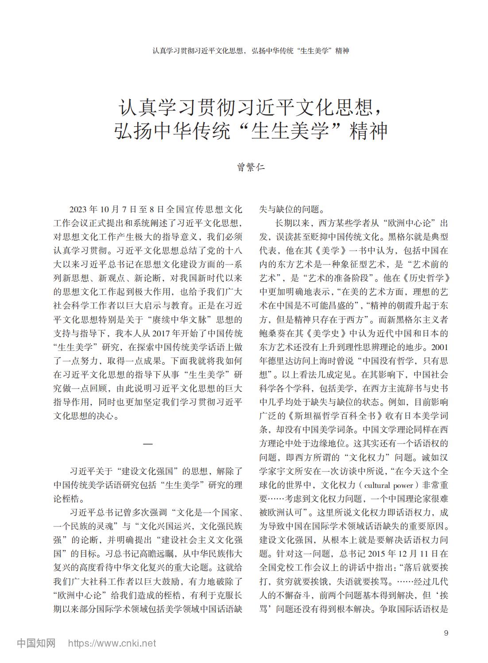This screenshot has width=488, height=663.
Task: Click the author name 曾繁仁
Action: point(251,168)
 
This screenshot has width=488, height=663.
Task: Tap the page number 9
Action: point(446,633)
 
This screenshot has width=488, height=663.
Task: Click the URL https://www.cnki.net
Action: point(111,643)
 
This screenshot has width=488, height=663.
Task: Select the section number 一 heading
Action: point(148,444)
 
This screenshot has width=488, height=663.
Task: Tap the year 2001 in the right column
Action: point(439,347)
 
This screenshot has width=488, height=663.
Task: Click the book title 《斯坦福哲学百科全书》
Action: point(332,416)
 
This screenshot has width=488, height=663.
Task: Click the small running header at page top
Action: point(251,51)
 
